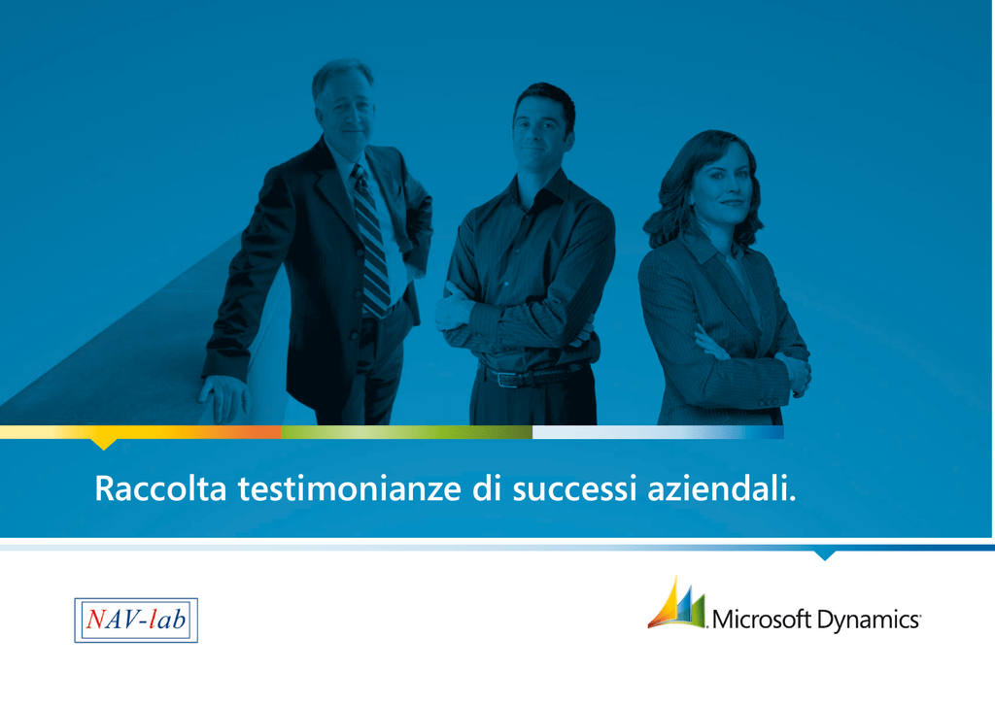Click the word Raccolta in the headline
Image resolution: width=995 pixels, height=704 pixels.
(160, 488)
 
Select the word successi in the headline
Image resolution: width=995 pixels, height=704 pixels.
(575, 489)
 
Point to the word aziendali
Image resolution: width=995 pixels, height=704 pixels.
(722, 488)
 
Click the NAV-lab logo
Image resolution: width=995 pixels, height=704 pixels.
(136, 620)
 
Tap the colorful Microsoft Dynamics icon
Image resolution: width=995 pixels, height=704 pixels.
(676, 603)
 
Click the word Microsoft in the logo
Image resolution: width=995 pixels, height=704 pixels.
(762, 619)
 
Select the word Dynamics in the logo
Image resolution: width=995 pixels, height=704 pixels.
(868, 620)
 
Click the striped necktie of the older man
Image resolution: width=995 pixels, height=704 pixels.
(372, 241)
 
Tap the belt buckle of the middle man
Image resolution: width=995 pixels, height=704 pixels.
(507, 379)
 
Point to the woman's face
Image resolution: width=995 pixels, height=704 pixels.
(723, 184)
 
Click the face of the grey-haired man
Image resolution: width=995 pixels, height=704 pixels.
(347, 111)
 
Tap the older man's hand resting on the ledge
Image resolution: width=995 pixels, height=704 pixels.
(224, 396)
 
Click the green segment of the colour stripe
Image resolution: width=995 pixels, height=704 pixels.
(407, 432)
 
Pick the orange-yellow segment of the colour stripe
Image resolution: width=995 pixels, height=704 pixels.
(141, 432)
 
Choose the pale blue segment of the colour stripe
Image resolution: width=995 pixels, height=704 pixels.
(658, 432)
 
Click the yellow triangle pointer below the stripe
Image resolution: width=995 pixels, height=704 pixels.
(103, 443)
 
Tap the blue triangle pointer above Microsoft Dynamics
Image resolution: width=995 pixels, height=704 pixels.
(824, 555)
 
